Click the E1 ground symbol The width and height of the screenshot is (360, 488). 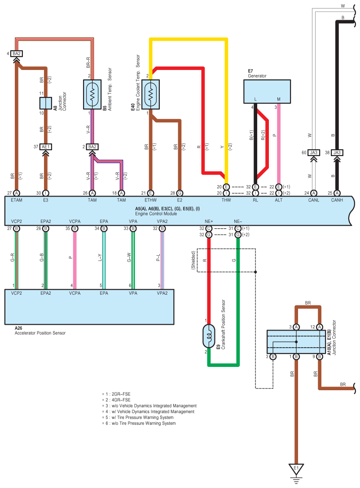(296, 469)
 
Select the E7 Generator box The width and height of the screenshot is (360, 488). (267, 91)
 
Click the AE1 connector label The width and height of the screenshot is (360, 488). (46, 147)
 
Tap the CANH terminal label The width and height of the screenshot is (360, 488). (337, 200)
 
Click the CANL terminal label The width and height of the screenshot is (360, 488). (314, 200)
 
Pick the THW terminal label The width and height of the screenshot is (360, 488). (226, 200)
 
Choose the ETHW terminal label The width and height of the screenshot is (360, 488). (150, 200)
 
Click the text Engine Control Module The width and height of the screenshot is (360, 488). (156, 214)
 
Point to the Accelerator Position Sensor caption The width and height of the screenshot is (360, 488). (40, 333)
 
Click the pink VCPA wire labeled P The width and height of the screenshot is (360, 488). (75, 260)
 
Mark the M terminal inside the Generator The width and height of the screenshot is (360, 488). (278, 99)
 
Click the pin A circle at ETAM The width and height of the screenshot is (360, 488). (17, 193)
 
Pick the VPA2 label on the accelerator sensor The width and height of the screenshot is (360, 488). (162, 293)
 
